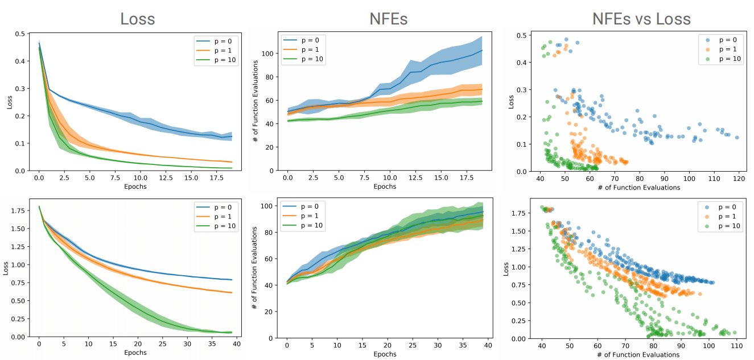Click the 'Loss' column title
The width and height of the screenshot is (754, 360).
137,18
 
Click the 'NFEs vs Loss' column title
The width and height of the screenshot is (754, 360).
641,18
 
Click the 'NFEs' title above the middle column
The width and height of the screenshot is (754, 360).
388,18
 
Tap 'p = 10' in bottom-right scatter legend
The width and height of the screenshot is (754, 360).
726,225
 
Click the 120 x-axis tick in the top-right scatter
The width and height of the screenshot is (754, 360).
739,177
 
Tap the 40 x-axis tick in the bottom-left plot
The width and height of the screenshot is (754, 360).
236,344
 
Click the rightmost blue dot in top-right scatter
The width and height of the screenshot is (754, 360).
737,138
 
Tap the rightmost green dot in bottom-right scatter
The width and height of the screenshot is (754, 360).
734,333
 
